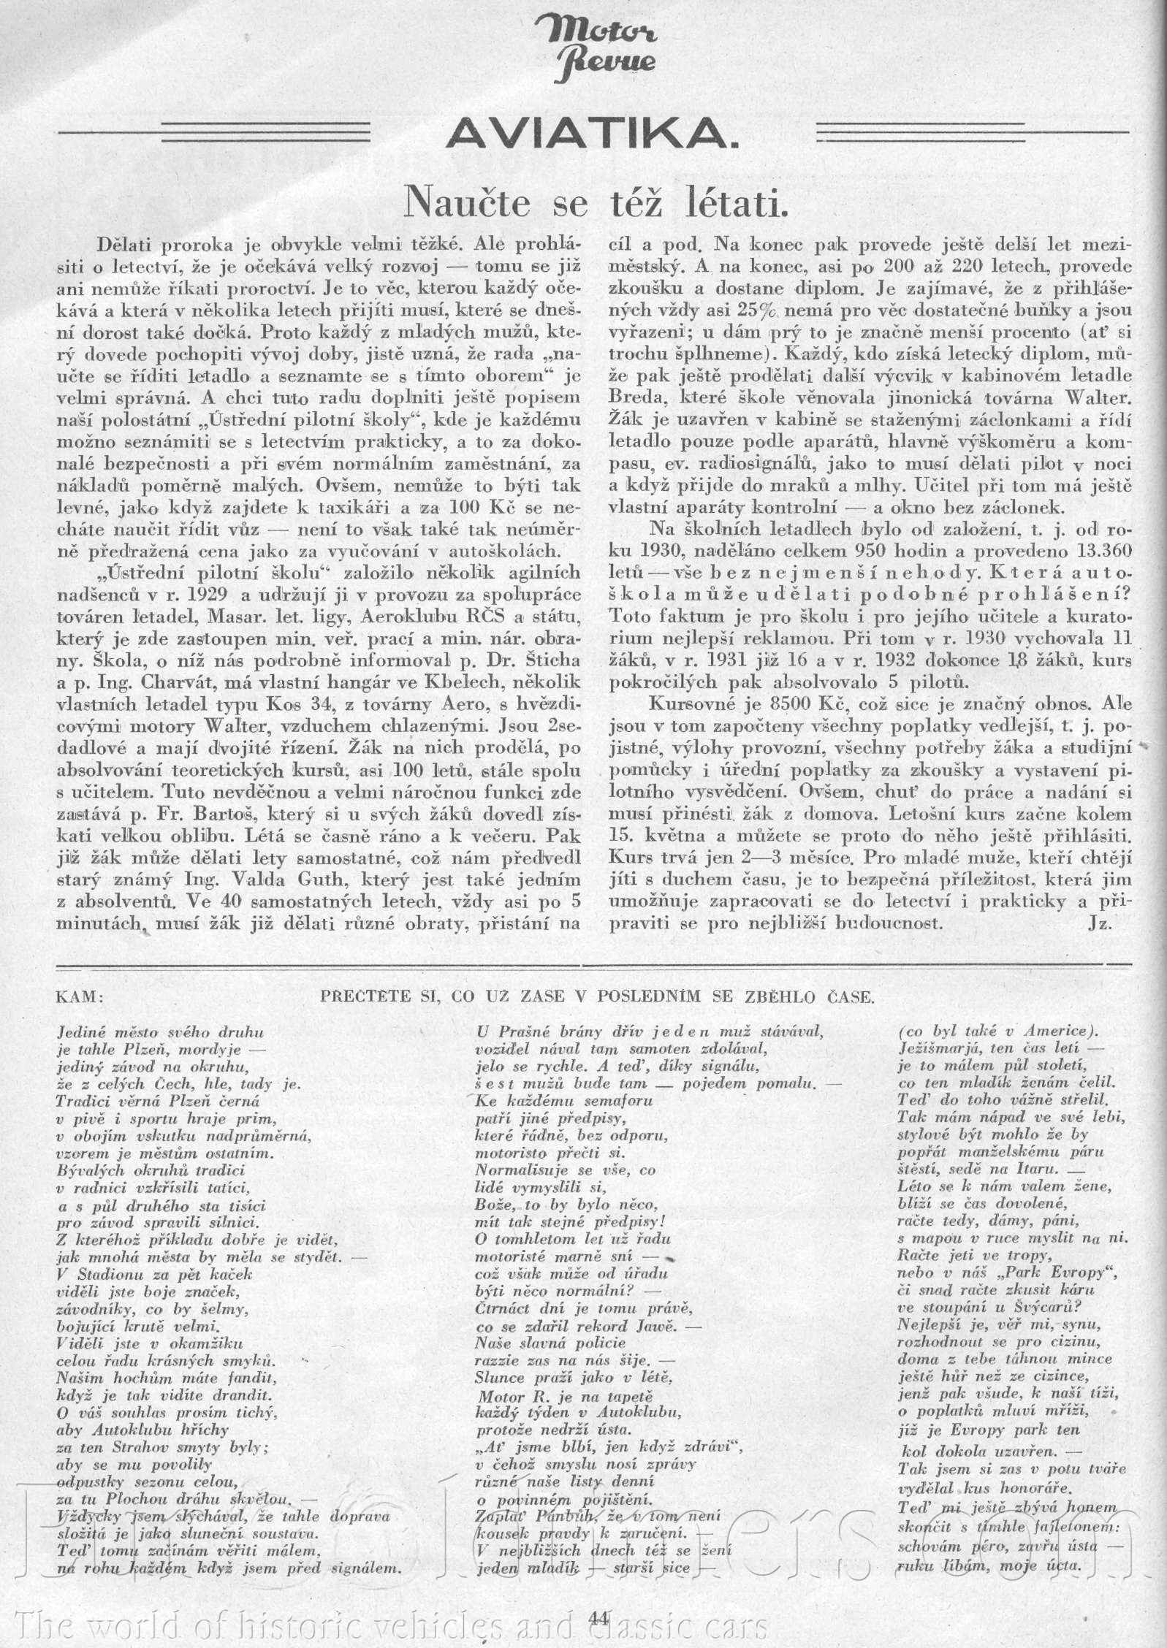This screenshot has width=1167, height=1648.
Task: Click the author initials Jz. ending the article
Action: (1099, 922)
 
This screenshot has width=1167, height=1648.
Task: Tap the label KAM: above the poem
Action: (80, 997)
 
